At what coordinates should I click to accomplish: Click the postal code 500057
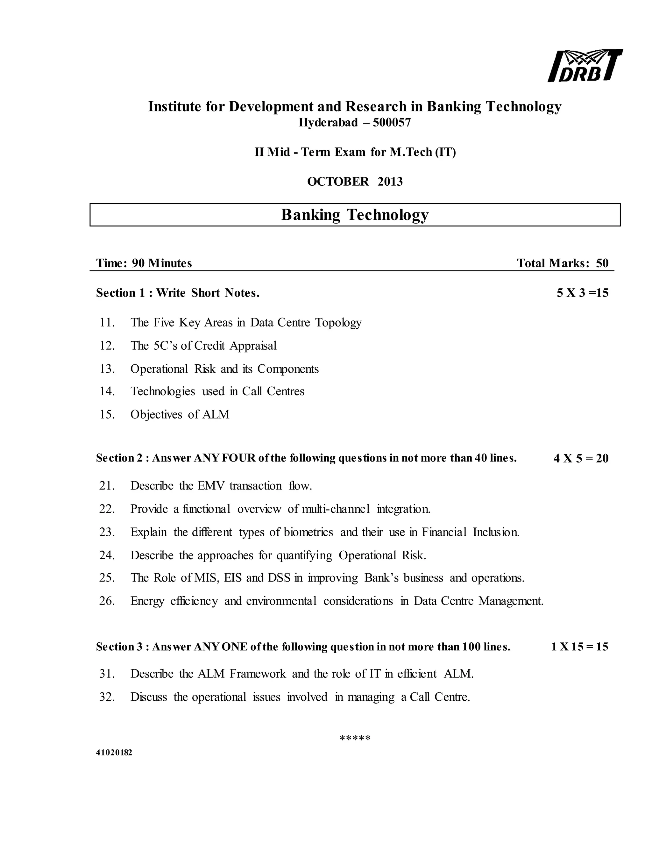click(x=392, y=123)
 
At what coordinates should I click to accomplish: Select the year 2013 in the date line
click(x=390, y=182)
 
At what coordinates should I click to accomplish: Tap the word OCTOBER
click(x=338, y=182)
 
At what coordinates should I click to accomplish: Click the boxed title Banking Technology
click(x=355, y=215)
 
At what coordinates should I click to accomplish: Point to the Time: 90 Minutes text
click(x=144, y=263)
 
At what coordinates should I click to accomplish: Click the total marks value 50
click(x=602, y=263)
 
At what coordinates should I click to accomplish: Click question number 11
click(x=107, y=322)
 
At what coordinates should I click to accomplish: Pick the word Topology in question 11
click(x=338, y=323)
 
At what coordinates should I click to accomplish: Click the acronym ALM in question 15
click(x=216, y=414)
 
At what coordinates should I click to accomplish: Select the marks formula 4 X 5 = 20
click(x=581, y=458)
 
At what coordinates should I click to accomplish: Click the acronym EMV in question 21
click(x=211, y=486)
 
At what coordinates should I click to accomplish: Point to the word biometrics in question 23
click(x=308, y=532)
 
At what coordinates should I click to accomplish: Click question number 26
click(x=107, y=601)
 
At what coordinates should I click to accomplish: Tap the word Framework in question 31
click(x=258, y=674)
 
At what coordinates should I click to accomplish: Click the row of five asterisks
click(x=355, y=739)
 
